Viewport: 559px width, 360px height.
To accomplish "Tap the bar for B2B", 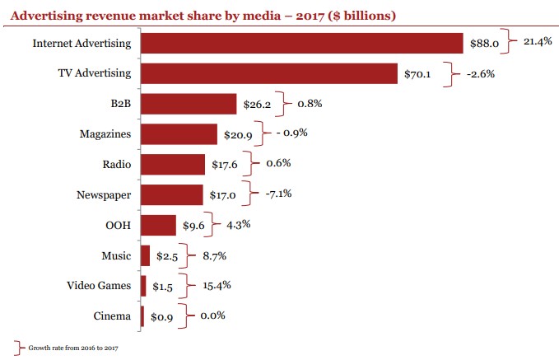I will [189, 104].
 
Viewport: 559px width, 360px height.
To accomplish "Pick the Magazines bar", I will [179, 134].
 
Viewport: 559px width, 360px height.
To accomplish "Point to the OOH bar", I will [158, 225].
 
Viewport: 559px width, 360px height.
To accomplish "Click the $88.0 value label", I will [484, 44].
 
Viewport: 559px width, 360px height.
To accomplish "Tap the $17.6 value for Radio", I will [224, 165].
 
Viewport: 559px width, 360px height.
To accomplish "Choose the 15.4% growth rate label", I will [215, 285].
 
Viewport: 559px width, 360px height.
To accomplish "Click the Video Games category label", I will [99, 286].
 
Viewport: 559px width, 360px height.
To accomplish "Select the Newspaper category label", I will [103, 194].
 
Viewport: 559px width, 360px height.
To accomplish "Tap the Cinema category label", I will [112, 316].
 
